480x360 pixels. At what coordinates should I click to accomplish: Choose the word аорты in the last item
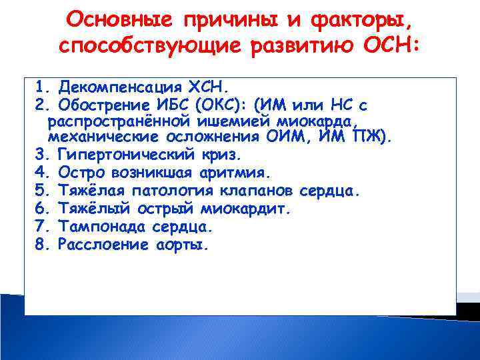tap(179, 245)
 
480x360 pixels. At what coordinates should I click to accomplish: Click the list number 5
tap(38, 191)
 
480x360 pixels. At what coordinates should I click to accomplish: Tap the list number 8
tap(38, 245)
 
